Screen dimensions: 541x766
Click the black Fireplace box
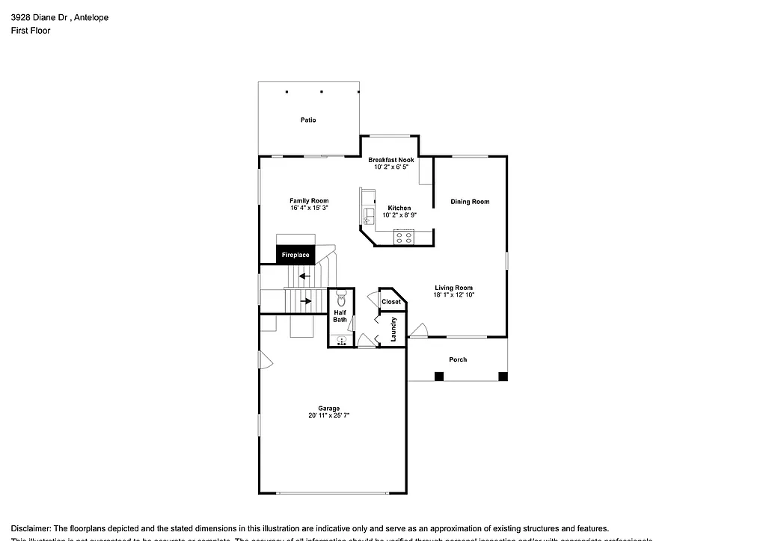point(295,255)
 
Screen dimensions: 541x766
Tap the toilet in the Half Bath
point(341,296)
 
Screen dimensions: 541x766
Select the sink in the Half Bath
point(341,341)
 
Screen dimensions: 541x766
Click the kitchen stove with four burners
point(404,238)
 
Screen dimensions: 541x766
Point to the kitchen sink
point(367,217)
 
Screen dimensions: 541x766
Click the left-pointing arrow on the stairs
point(304,276)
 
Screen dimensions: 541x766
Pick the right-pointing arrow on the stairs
point(306,301)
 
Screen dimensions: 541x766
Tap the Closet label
point(391,302)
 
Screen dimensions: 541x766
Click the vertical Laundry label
point(393,330)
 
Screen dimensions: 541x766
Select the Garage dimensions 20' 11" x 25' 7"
point(329,415)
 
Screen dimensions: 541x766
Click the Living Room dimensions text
point(454,295)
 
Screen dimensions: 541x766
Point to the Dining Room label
point(470,202)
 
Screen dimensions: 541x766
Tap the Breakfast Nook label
point(390,160)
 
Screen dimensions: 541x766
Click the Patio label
point(308,120)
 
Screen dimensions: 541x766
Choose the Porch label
point(458,359)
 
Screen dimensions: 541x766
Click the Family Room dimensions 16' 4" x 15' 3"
point(309,208)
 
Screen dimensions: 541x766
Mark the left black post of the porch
point(438,376)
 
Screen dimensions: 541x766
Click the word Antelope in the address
point(91,17)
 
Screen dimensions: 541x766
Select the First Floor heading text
point(31,31)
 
